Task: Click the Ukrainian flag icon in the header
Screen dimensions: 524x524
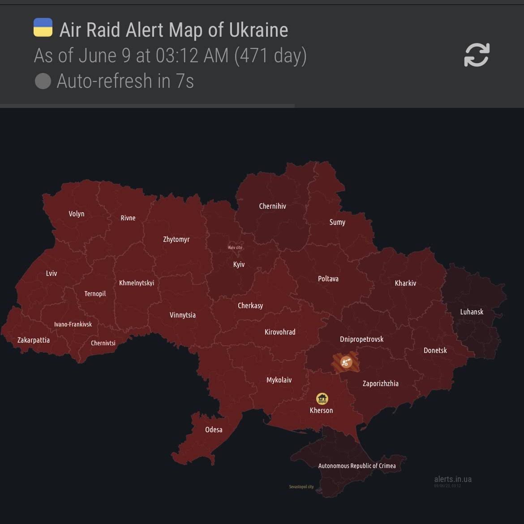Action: [43, 27]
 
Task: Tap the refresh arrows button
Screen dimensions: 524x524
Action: [477, 55]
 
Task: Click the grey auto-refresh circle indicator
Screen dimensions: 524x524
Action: [43, 81]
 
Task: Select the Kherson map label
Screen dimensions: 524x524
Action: [321, 410]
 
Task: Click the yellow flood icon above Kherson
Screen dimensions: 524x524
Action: [322, 398]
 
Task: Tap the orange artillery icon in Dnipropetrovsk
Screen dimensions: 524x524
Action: [345, 362]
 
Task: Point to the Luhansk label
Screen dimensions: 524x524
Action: [472, 312]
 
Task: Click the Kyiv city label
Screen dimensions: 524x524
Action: [235, 248]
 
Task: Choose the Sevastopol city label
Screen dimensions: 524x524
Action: [301, 487]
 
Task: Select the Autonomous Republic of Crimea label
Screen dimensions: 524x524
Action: [357, 466]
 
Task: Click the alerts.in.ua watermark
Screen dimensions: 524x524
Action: [453, 479]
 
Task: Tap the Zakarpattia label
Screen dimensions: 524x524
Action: [34, 340]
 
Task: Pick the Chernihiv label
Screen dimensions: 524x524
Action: [272, 206]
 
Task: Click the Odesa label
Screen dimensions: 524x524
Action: [214, 430]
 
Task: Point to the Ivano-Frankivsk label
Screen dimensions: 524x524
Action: [73, 324]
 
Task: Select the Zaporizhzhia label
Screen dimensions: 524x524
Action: [380, 383]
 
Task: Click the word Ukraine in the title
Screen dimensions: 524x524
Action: [258, 30]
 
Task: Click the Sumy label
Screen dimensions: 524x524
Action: [337, 222]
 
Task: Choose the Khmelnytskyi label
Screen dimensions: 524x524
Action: [137, 283]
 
